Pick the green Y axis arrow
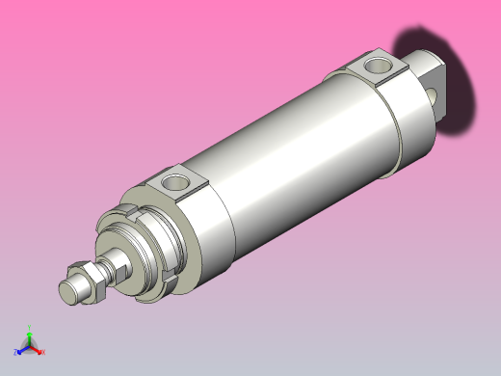click(29, 334)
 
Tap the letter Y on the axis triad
click(29, 326)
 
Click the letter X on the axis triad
click(42, 352)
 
